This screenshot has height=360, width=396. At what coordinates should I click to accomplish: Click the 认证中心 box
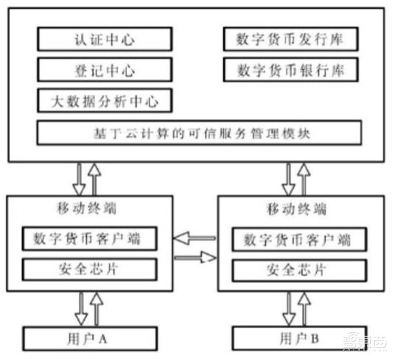click(104, 39)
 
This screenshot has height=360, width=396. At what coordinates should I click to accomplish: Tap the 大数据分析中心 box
click(104, 101)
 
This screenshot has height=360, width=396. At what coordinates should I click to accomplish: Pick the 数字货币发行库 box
click(291, 39)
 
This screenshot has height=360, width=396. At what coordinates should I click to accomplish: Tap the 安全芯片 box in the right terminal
click(297, 270)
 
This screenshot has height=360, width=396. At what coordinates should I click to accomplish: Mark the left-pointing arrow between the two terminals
click(195, 239)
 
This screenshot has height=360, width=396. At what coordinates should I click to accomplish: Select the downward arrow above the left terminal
click(78, 180)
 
